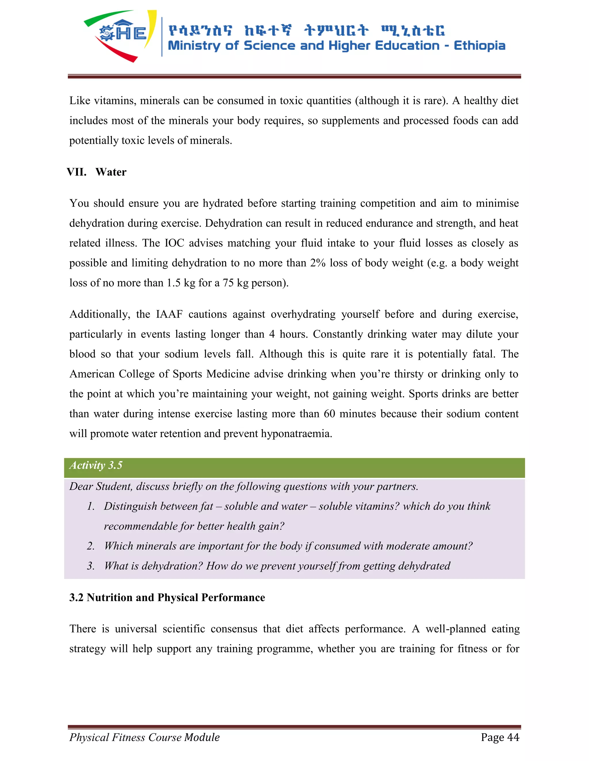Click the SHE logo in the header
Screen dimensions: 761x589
[x=121, y=35]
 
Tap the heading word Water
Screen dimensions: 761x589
[x=111, y=172]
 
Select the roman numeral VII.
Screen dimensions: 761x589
[x=77, y=172]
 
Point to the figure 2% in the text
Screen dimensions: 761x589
[x=318, y=263]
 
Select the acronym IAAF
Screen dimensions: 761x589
[x=169, y=314]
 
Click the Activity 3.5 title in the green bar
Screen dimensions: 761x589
[x=96, y=466]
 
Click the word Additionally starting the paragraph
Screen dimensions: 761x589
[x=100, y=314]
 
